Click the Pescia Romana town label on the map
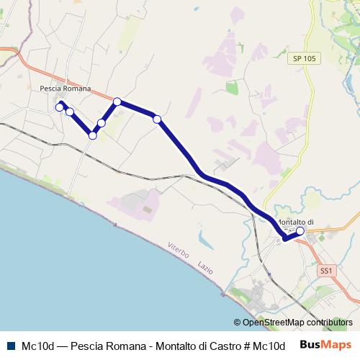[66, 89]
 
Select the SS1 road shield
[326, 271]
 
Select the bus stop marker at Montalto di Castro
[300, 232]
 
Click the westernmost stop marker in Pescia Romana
[60, 107]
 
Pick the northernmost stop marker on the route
[117, 102]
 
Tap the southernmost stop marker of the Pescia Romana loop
[93, 135]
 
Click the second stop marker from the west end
[70, 112]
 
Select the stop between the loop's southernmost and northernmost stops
[102, 123]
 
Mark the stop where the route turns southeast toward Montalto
[157, 119]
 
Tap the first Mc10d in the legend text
[36, 345]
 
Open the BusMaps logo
[326, 344]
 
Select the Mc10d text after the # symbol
[270, 345]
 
